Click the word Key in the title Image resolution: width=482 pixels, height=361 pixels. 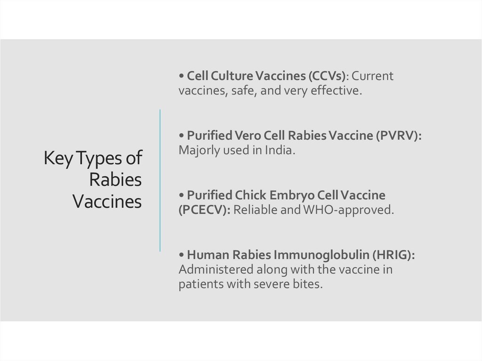tap(58, 159)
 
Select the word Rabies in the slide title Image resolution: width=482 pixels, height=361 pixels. tap(115, 179)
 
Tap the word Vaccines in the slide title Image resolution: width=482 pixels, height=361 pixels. tap(107, 201)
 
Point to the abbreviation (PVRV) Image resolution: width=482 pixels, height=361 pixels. tap(398, 136)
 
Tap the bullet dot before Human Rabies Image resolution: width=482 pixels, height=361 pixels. tap(181, 255)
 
